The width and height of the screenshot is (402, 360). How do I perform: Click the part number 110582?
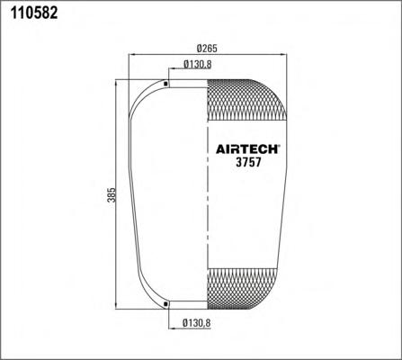(34, 13)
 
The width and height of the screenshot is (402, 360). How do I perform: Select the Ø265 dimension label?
(207, 48)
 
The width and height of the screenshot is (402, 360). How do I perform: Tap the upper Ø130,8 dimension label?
(197, 64)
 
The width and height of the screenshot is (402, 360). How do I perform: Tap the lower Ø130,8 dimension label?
(197, 323)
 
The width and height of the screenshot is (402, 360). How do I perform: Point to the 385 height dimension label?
(112, 194)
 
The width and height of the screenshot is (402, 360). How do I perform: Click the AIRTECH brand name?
(246, 149)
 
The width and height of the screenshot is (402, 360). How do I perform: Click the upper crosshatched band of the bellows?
(247, 101)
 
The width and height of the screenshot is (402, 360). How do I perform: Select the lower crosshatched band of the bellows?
(243, 289)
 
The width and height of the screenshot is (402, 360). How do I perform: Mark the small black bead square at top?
(165, 84)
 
